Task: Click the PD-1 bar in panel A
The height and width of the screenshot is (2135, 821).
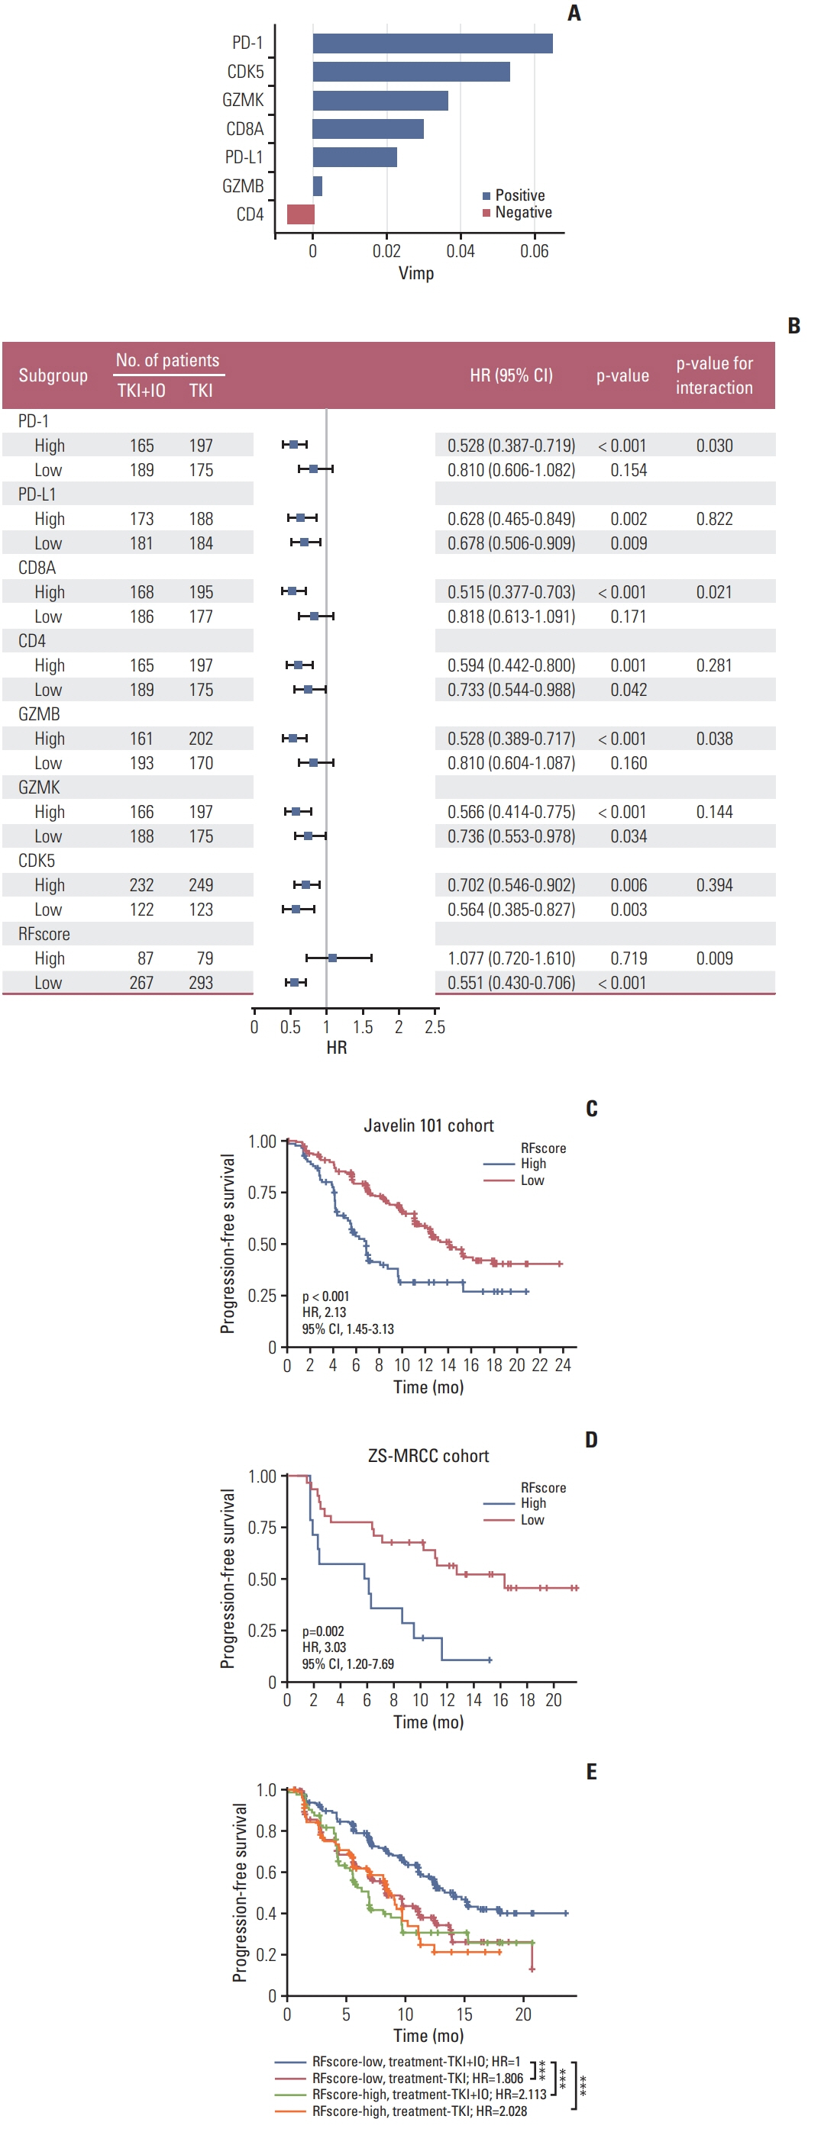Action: [432, 43]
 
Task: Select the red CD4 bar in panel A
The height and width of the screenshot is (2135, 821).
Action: [300, 214]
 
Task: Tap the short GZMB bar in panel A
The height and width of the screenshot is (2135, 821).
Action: [318, 186]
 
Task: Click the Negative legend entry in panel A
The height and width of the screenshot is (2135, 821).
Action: [522, 213]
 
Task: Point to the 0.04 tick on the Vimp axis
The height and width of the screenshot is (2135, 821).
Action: [461, 251]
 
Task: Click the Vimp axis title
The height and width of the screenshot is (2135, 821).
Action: [415, 273]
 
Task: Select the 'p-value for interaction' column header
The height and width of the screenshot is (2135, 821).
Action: [714, 375]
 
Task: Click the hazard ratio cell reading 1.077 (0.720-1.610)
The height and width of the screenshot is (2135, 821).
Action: [511, 959]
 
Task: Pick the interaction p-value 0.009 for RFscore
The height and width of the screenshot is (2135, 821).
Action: [714, 959]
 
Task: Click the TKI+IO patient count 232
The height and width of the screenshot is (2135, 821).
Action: [142, 885]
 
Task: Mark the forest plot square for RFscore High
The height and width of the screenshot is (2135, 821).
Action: [332, 958]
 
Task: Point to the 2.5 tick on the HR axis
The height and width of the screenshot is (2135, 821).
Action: [435, 1028]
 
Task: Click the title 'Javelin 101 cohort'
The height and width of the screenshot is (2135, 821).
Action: [428, 1125]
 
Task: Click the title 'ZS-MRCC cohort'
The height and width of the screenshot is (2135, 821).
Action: [428, 1456]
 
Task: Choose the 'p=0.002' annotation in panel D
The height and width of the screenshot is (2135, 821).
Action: [322, 1631]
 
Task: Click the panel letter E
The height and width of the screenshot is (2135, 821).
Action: [591, 1772]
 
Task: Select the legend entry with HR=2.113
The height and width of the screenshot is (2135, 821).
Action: [428, 2095]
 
